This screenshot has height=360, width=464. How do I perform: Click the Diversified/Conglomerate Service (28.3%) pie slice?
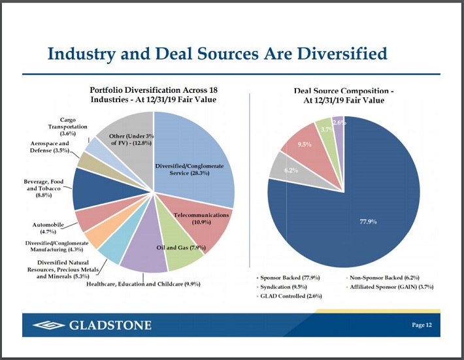193,157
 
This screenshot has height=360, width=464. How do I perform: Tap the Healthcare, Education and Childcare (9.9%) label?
143,284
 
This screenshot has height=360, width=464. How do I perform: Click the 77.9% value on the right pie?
369,221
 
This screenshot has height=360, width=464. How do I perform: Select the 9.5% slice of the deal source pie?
303,146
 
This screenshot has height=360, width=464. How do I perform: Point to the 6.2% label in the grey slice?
290,171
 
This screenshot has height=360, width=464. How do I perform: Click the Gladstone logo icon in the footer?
48,325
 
